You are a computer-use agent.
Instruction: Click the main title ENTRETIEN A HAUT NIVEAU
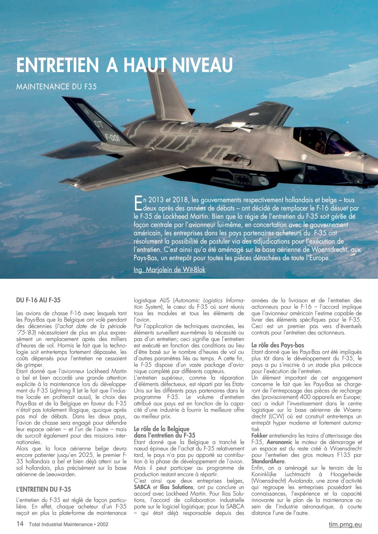coord(124,65)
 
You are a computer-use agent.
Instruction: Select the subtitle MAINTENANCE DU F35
coord(56,86)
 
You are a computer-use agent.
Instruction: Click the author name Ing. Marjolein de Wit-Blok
coord(169,270)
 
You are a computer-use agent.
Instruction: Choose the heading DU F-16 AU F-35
coord(38,300)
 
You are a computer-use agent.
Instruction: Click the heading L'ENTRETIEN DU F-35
coord(44,489)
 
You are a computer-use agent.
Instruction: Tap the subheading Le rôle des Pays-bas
coord(278,345)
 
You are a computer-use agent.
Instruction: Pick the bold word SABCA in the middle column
coord(142,487)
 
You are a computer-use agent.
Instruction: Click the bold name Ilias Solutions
coord(176,487)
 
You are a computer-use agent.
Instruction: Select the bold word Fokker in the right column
coord(259,436)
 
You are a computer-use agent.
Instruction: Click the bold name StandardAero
coord(268,462)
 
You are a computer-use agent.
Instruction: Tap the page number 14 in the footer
coord(20,524)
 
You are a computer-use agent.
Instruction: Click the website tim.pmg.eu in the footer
coord(345,524)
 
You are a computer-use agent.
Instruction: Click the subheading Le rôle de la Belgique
coord(161,429)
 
